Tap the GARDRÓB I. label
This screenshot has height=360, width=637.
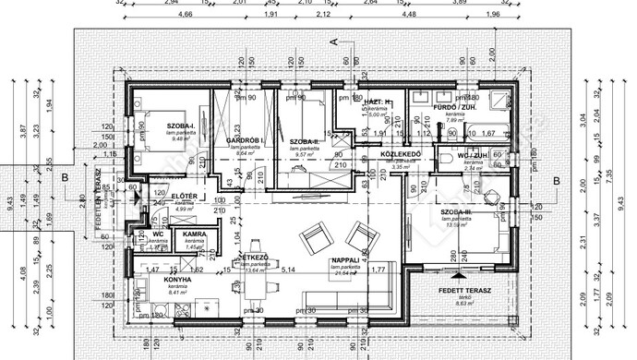[x=246, y=140]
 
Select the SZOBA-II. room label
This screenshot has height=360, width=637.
[x=304, y=141]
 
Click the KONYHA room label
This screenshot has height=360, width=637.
[x=176, y=279]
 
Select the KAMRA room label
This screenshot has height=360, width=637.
[x=193, y=235]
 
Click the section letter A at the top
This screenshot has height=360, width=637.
[x=335, y=42]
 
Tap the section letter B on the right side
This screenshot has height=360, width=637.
[x=556, y=181]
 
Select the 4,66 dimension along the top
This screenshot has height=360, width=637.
[x=186, y=15]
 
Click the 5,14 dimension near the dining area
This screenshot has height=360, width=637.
[x=288, y=270]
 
